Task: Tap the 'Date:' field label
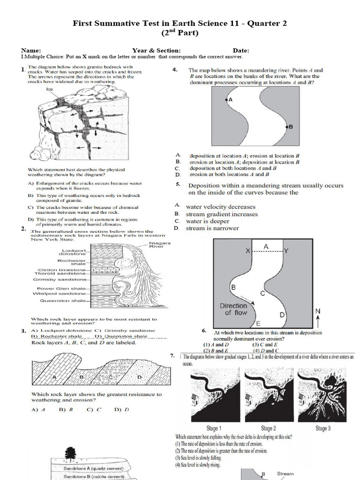point(241,51)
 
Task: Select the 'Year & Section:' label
point(156,51)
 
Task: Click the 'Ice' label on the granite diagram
point(49,89)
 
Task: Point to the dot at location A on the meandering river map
point(226,99)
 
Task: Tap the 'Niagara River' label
point(159,245)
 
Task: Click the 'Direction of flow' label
point(233,309)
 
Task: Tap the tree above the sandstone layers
point(70,454)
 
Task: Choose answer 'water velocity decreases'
point(220,207)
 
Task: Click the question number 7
point(172,357)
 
